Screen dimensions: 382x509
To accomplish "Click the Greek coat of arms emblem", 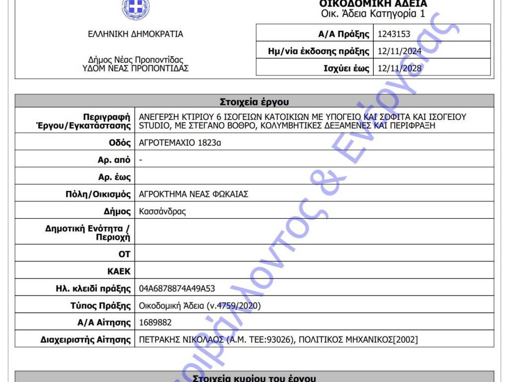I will tap(135, 7).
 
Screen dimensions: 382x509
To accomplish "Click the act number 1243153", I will tap(394, 34).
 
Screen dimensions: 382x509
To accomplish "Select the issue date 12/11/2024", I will tap(399, 51).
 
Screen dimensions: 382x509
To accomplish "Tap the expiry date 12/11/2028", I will tap(399, 69).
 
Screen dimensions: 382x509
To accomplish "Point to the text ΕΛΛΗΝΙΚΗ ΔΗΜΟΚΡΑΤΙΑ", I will tap(135, 34).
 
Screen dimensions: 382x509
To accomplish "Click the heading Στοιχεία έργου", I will tap(254, 102).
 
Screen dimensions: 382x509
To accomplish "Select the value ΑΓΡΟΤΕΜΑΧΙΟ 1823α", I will tap(179, 143).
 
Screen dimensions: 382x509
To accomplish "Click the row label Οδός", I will tap(120, 143).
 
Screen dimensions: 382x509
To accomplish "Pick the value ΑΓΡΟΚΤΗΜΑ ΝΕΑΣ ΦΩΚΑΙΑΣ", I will tap(193, 194).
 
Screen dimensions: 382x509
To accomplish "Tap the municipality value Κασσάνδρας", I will tap(163, 211).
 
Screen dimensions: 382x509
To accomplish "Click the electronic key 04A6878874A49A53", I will tap(177, 288).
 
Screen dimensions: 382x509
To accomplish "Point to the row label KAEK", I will tap(119, 272).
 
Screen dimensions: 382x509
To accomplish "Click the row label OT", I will tap(124, 254).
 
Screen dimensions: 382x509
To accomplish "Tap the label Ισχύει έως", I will tap(346, 69).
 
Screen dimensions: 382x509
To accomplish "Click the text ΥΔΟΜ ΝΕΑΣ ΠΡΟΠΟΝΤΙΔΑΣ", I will tap(135, 69).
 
